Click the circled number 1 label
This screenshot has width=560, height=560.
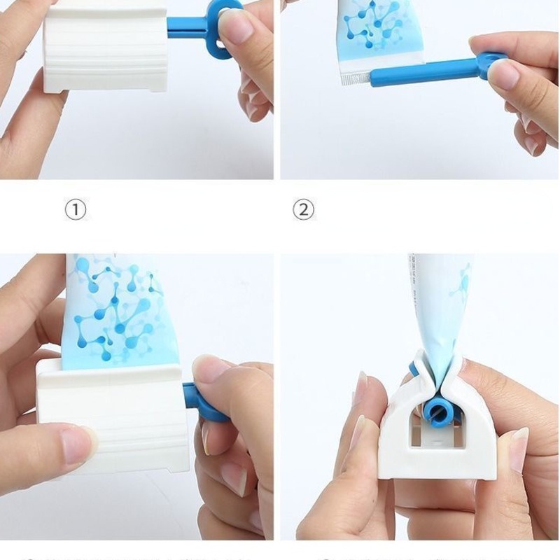pos(76,209)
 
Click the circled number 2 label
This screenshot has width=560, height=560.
pos(303,209)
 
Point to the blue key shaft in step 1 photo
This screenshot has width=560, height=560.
pos(185,28)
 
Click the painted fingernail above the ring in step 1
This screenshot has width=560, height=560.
pos(236,26)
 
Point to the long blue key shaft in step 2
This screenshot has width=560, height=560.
pos(420,71)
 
